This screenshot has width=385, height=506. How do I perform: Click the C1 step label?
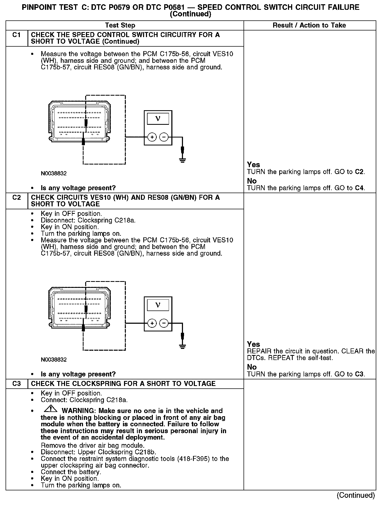[16, 35]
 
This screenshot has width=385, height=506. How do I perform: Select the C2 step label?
[16, 198]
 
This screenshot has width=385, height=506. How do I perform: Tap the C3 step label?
[16, 384]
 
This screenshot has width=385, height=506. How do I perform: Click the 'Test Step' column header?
[120, 25]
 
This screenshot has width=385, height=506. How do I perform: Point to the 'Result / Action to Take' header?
[309, 25]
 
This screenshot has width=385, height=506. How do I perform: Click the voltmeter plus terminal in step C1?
[152, 137]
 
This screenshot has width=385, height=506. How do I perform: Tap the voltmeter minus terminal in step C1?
[164, 137]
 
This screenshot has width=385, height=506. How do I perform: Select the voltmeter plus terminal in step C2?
[152, 323]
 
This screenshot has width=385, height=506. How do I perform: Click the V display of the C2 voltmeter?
[158, 305]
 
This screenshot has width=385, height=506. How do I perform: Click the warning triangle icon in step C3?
[51, 409]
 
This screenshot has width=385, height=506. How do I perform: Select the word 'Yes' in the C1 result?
[253, 165]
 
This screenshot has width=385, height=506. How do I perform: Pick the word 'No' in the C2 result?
[252, 367]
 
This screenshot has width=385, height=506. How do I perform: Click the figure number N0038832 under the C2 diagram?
[54, 359]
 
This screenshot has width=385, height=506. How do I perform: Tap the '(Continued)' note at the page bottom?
[356, 495]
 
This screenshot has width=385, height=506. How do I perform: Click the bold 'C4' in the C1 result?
[359, 188]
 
